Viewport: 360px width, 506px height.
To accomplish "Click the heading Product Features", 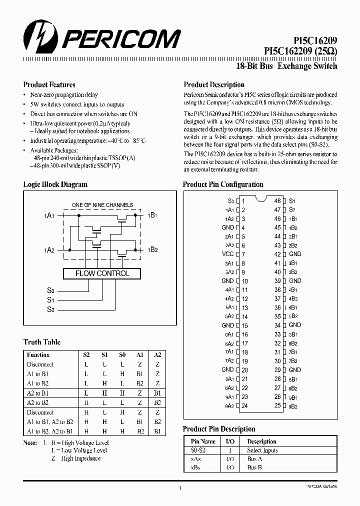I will (x=49, y=85).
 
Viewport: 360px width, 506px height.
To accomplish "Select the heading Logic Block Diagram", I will (x=55, y=184).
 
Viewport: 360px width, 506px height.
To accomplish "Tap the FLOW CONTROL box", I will (x=102, y=273).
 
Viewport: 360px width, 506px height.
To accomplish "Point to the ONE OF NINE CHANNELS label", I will (x=102, y=205).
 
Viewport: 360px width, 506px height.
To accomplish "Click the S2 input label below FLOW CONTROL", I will (x=50, y=310).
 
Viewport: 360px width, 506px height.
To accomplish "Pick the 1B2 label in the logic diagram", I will (x=152, y=249).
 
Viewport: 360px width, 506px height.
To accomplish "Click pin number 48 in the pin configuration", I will (x=277, y=200).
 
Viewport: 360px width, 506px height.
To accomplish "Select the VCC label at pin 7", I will (x=227, y=254).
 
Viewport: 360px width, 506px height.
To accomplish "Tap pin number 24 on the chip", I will (x=244, y=406).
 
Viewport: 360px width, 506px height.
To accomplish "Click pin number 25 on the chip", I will (x=277, y=406).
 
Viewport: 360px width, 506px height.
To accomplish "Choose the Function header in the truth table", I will (x=38, y=354).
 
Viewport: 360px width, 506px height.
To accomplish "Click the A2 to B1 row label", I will (x=37, y=393).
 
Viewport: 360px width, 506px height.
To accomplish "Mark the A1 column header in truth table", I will (x=139, y=354).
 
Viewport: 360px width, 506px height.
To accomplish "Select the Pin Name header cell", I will (x=203, y=441).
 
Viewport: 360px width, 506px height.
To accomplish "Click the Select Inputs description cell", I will (x=262, y=450).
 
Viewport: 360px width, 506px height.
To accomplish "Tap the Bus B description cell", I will (x=254, y=467).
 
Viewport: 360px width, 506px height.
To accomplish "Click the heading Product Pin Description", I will (x=219, y=429).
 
